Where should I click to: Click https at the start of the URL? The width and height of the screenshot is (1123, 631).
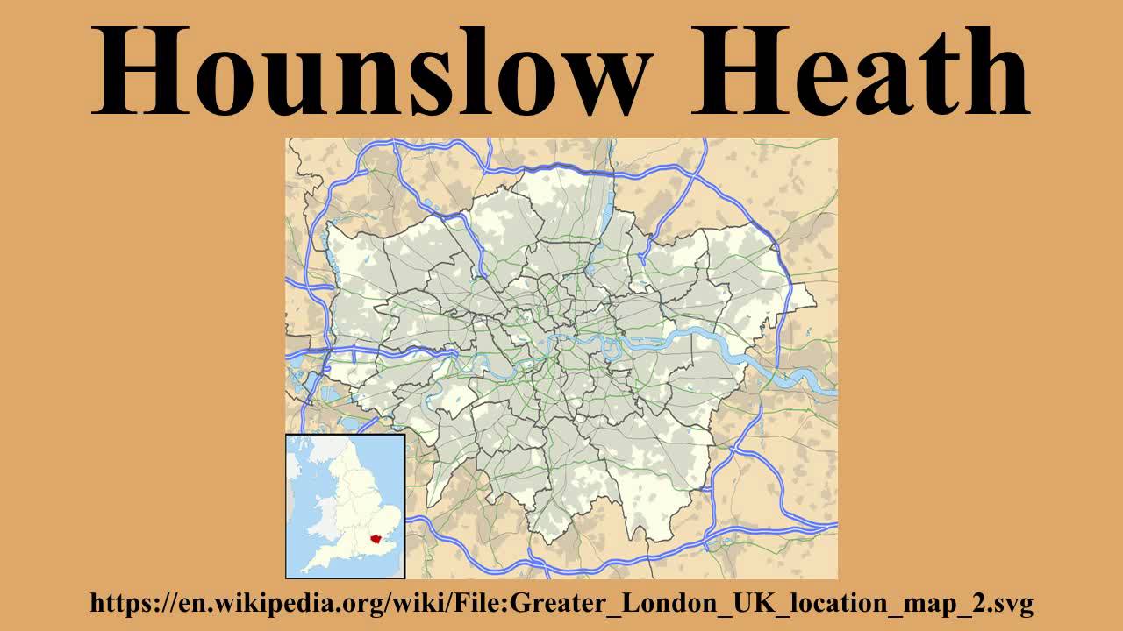[x=116, y=603]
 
